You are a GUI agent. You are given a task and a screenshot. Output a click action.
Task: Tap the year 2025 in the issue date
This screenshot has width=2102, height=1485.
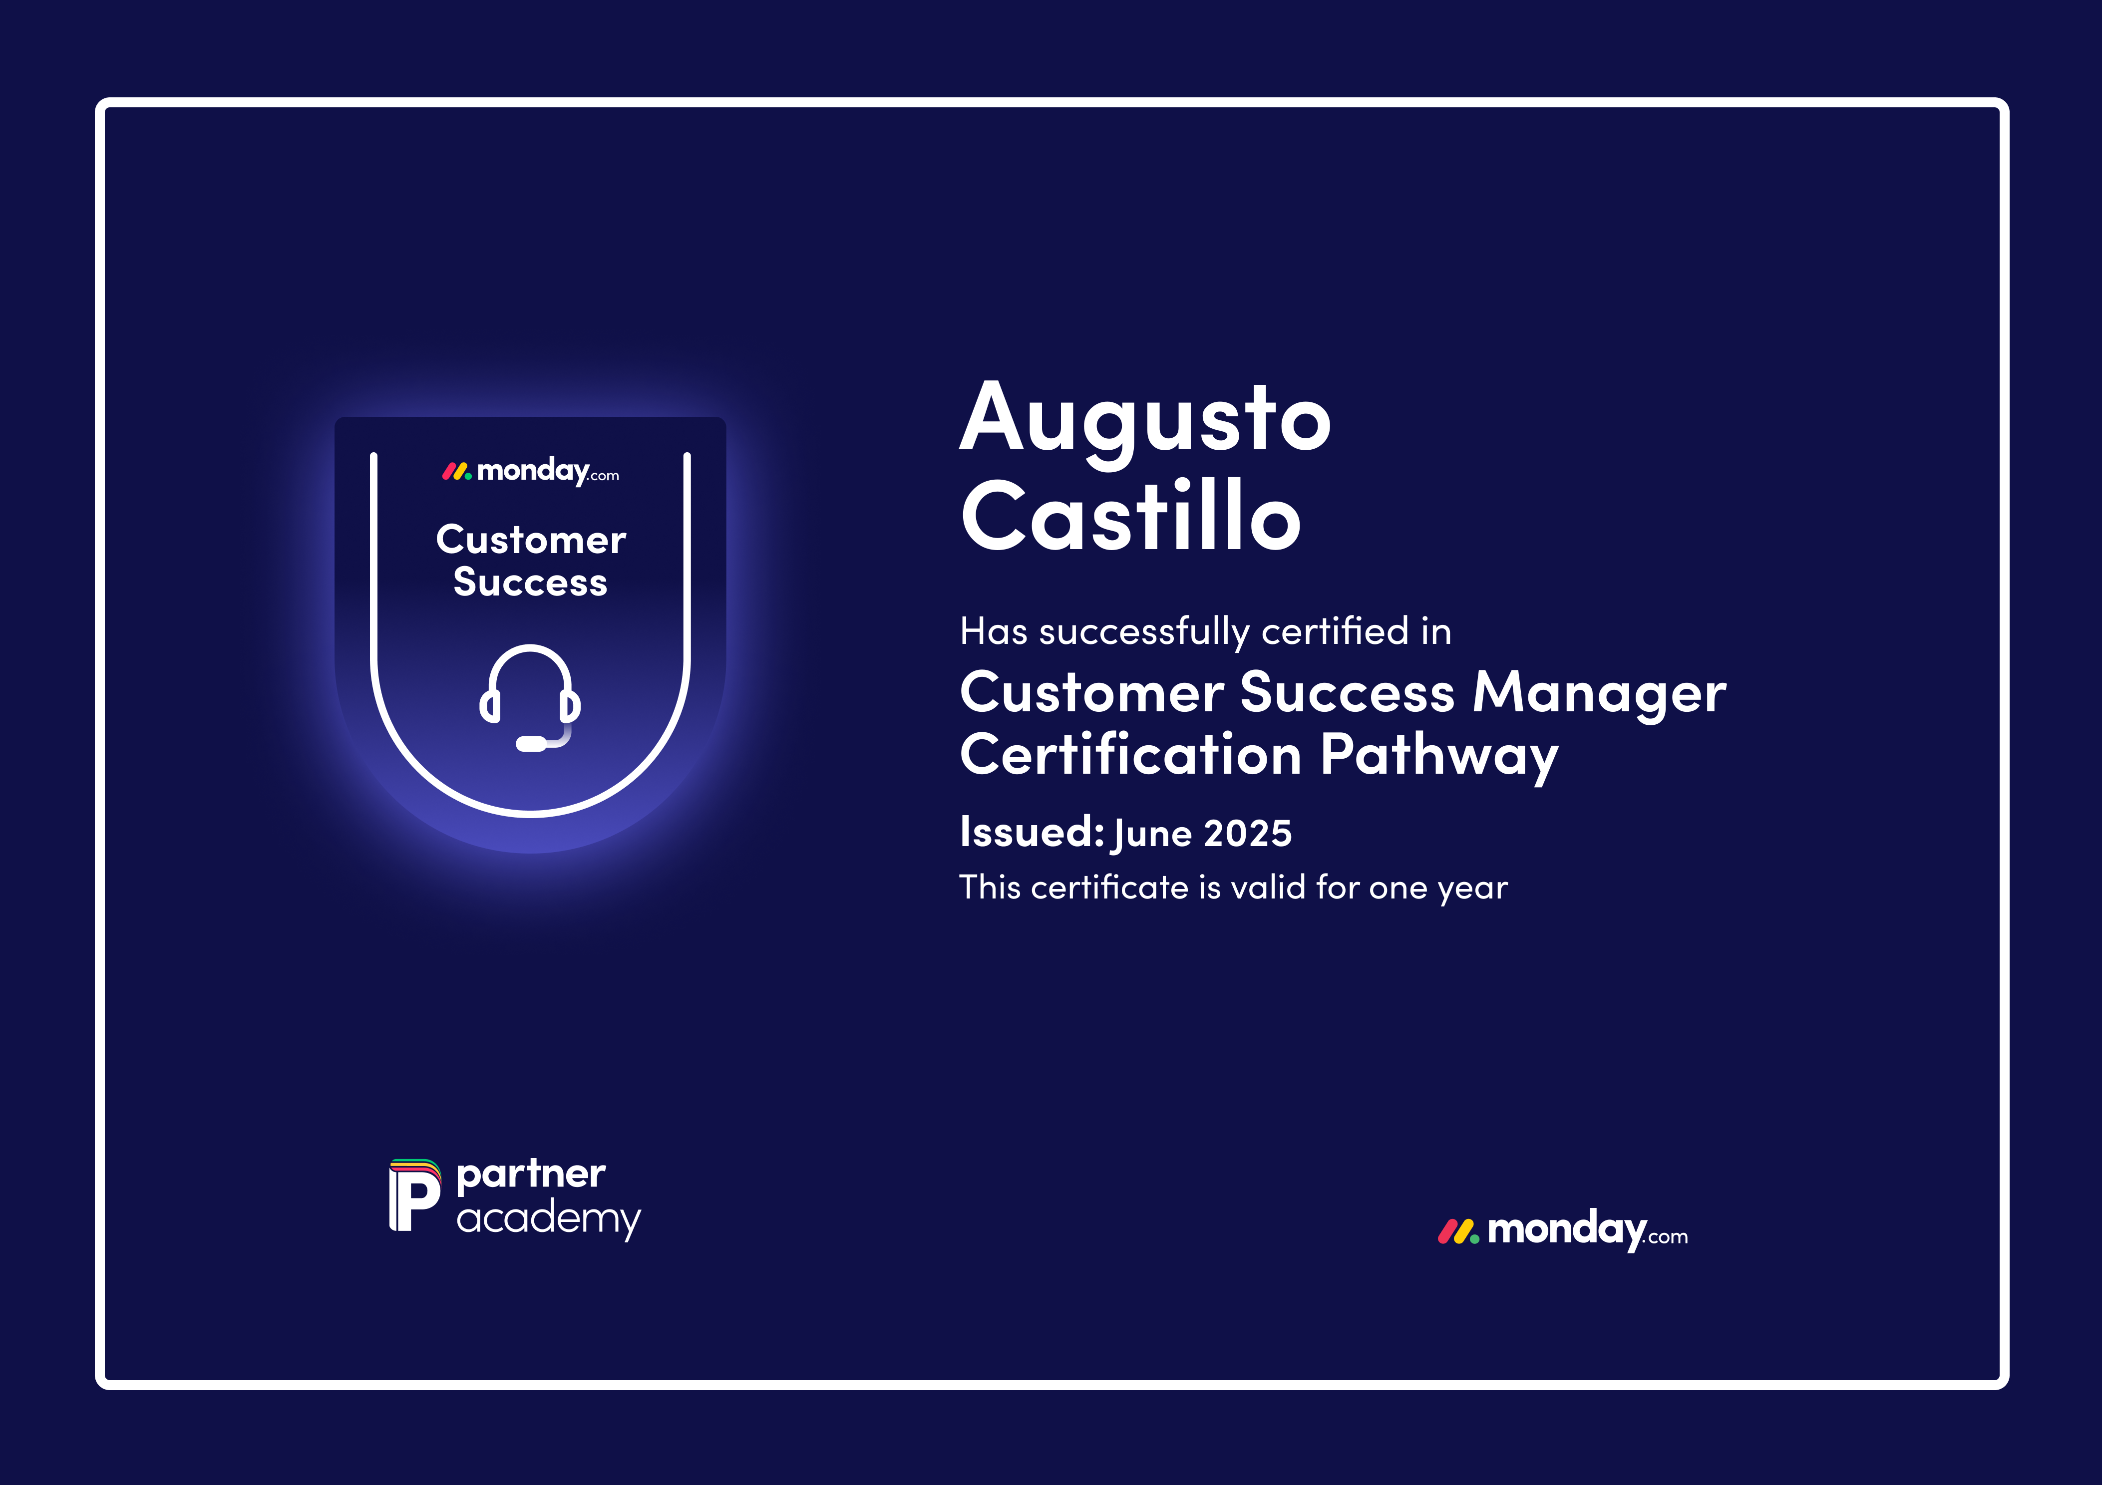point(1247,833)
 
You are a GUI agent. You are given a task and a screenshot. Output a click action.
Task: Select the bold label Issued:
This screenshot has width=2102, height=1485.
point(1032,831)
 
